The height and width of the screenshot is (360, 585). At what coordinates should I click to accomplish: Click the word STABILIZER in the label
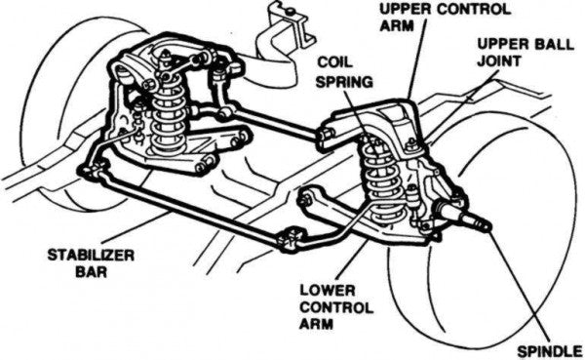click(x=91, y=256)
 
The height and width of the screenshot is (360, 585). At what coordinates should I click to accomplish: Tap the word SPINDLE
click(x=550, y=351)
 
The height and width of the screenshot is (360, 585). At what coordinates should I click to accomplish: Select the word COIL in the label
click(x=334, y=62)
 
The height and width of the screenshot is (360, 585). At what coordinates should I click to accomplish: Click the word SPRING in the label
click(x=344, y=81)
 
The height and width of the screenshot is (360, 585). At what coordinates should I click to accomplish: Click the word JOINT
click(x=499, y=60)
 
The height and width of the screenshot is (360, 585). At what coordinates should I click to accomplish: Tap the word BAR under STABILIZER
click(x=91, y=272)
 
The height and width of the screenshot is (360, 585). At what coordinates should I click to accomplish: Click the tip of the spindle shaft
click(x=487, y=226)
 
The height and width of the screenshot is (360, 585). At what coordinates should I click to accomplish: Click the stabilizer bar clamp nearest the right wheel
click(x=291, y=239)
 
